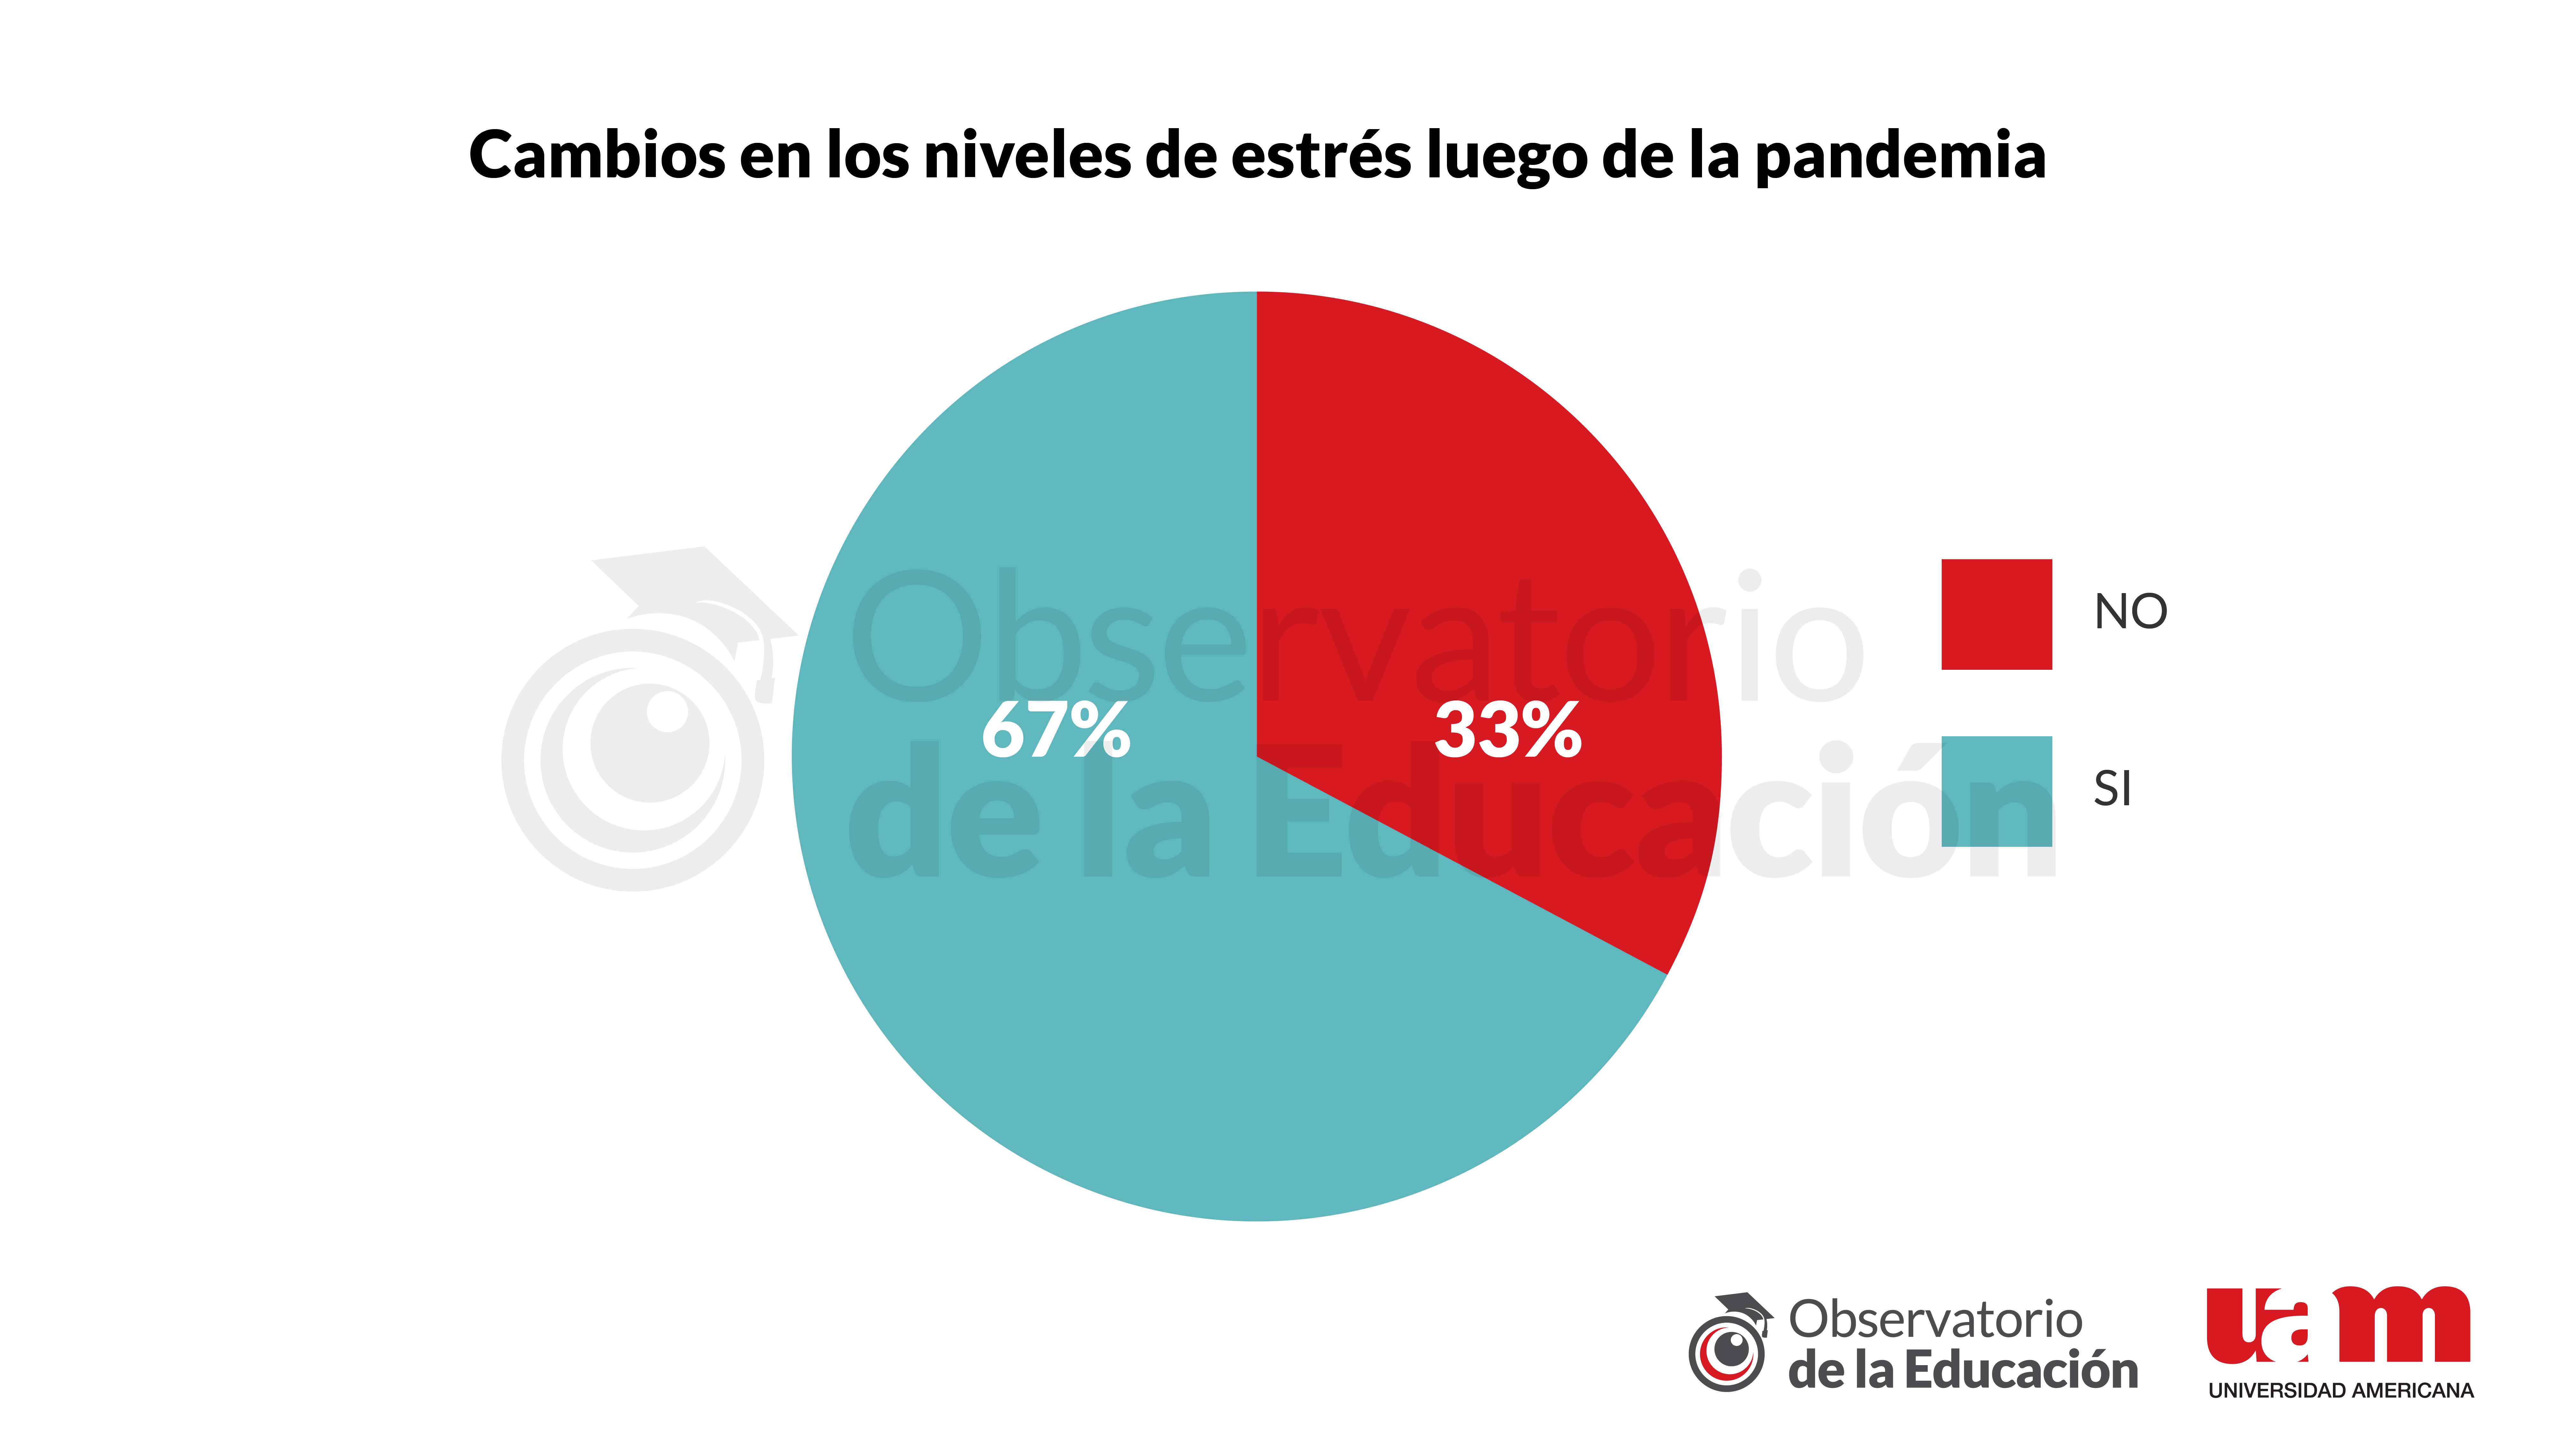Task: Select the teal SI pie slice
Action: coord(1092,993)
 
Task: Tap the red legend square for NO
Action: coord(1996,614)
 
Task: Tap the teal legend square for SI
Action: coord(1996,791)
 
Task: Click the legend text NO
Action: coord(2130,612)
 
